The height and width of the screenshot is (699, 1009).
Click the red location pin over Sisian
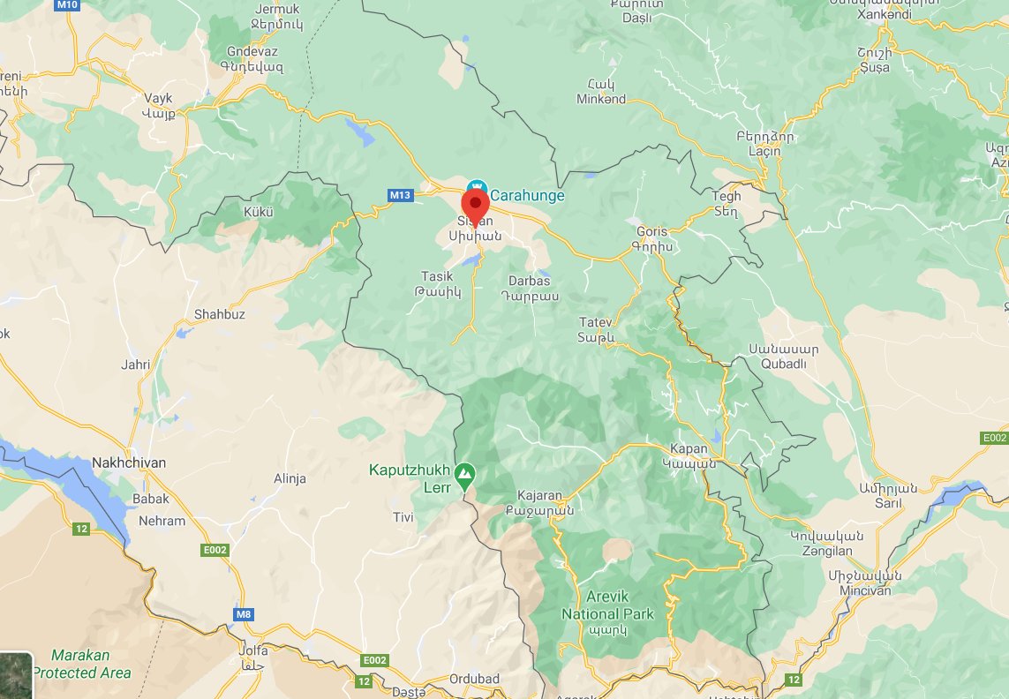(x=475, y=206)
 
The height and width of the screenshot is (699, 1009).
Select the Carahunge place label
(x=527, y=195)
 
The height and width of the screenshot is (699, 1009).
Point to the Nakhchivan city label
(x=129, y=462)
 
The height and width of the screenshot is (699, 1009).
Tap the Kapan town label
(x=689, y=455)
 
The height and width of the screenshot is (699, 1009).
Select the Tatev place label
(x=595, y=329)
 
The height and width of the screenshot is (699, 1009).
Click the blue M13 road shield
(x=400, y=194)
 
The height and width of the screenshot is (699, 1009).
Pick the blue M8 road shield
(x=245, y=613)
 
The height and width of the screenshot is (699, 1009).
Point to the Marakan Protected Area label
(x=81, y=664)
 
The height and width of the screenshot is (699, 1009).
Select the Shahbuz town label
(x=219, y=314)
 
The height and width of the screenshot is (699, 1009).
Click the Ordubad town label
(x=475, y=679)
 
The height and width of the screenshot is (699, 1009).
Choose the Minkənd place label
(x=601, y=92)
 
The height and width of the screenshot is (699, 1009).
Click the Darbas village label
(x=529, y=288)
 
